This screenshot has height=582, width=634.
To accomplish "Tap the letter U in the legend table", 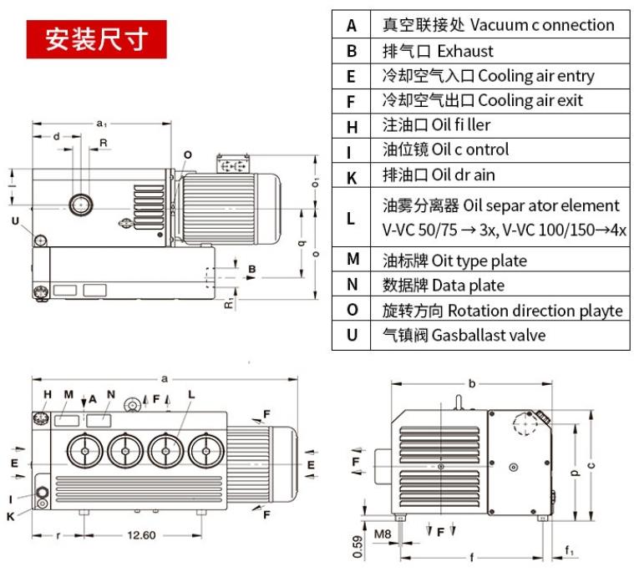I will [x=352, y=335].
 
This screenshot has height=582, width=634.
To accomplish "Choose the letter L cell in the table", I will [x=352, y=218].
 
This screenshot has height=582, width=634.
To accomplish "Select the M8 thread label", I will [x=383, y=533].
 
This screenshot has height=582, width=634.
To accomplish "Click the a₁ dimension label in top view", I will [x=101, y=124].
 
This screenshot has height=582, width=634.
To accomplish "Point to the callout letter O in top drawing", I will [x=188, y=155].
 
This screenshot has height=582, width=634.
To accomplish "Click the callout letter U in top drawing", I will [x=15, y=220].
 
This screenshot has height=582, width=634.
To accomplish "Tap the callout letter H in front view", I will [x=48, y=394].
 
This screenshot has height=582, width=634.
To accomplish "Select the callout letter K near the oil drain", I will [x=11, y=516].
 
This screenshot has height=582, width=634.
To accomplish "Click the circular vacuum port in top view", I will [x=82, y=204].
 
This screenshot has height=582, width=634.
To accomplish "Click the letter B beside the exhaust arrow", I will [x=252, y=269].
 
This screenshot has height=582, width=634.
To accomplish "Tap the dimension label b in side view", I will [x=472, y=384].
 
